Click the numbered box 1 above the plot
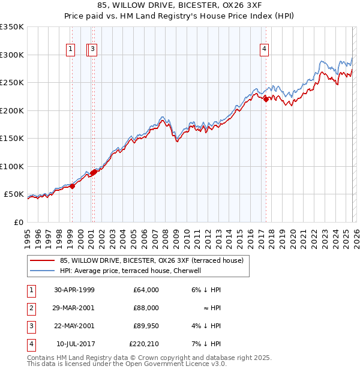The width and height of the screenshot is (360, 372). (71, 50)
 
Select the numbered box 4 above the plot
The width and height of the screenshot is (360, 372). (264, 50)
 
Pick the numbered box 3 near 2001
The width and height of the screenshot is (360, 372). (94, 50)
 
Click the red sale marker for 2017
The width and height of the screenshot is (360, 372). (266, 100)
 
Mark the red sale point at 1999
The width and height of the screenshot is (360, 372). (73, 186)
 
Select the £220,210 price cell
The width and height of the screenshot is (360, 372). (144, 344)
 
